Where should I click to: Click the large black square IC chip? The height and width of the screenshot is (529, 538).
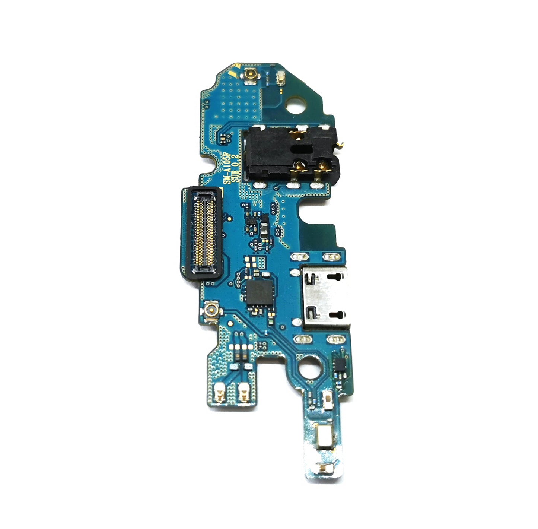(260, 291)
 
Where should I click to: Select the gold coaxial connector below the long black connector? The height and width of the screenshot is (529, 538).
(207, 309)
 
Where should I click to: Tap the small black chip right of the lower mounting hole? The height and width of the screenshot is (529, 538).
(340, 364)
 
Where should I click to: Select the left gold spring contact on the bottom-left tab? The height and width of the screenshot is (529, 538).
(219, 392)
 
